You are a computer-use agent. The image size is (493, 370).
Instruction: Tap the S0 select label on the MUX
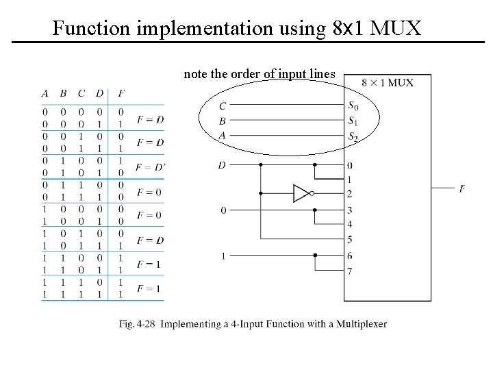(352, 106)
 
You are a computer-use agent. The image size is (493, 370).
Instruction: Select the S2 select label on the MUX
(352, 136)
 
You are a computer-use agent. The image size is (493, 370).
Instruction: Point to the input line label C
(223, 106)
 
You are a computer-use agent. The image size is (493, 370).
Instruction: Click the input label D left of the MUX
(223, 165)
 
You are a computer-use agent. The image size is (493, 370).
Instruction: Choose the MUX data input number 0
(350, 165)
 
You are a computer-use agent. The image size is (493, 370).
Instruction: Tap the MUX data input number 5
(350, 239)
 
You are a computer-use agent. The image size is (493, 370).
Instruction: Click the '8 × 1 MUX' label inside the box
(388, 83)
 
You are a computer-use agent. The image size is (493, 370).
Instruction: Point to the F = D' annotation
(150, 167)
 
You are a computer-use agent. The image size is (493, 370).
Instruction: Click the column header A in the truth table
(45, 93)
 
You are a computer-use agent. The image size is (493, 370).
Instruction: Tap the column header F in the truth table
(121, 93)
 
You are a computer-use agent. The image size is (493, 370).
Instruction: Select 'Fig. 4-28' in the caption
(137, 324)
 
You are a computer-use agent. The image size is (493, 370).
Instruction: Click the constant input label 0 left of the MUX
(223, 210)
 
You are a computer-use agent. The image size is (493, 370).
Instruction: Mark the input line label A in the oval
(223, 136)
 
